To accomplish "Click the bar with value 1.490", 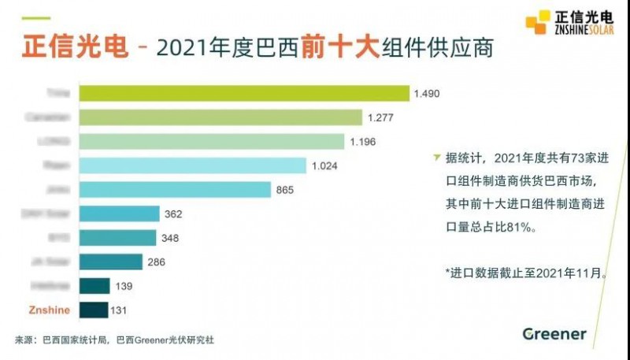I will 244,94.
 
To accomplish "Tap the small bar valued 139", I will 94,286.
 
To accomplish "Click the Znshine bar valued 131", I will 94,310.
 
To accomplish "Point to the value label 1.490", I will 426,94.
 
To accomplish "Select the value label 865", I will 285,190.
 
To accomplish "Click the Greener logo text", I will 554,334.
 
